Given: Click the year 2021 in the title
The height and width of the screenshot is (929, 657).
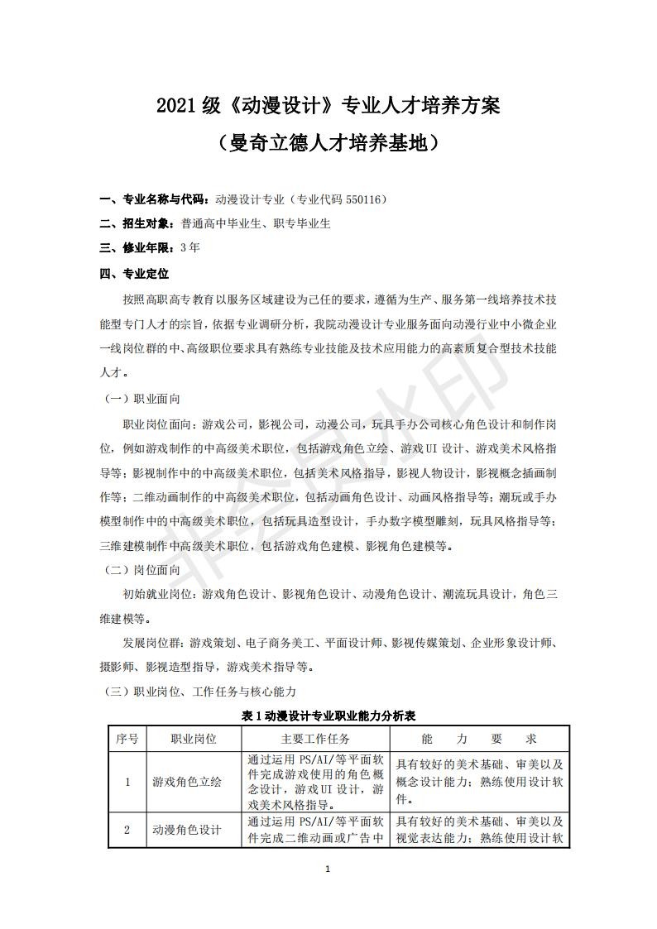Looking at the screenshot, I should pos(175,106).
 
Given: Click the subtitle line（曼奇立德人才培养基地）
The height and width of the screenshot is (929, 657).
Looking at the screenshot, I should pos(328,143).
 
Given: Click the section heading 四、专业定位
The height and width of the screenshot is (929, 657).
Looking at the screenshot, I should pos(133,272).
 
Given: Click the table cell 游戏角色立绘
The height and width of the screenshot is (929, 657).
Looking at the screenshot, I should pos(187,782).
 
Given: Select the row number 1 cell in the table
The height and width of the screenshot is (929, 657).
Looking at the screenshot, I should pos(127,782).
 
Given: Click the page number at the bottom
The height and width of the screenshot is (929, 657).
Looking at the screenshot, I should pos(328,869).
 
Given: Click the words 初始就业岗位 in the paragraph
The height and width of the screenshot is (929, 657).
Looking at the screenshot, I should pos(161,594).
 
